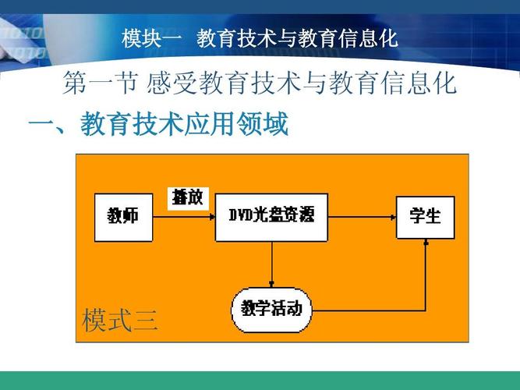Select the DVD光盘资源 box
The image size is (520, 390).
tap(271, 214)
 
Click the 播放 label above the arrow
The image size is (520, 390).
tap(187, 197)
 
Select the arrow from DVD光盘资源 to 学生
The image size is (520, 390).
tap(362, 215)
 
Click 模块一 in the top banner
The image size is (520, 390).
tap(149, 37)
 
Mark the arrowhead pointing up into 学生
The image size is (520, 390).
tap(426, 243)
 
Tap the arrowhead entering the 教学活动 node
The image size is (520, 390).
tap(271, 285)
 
